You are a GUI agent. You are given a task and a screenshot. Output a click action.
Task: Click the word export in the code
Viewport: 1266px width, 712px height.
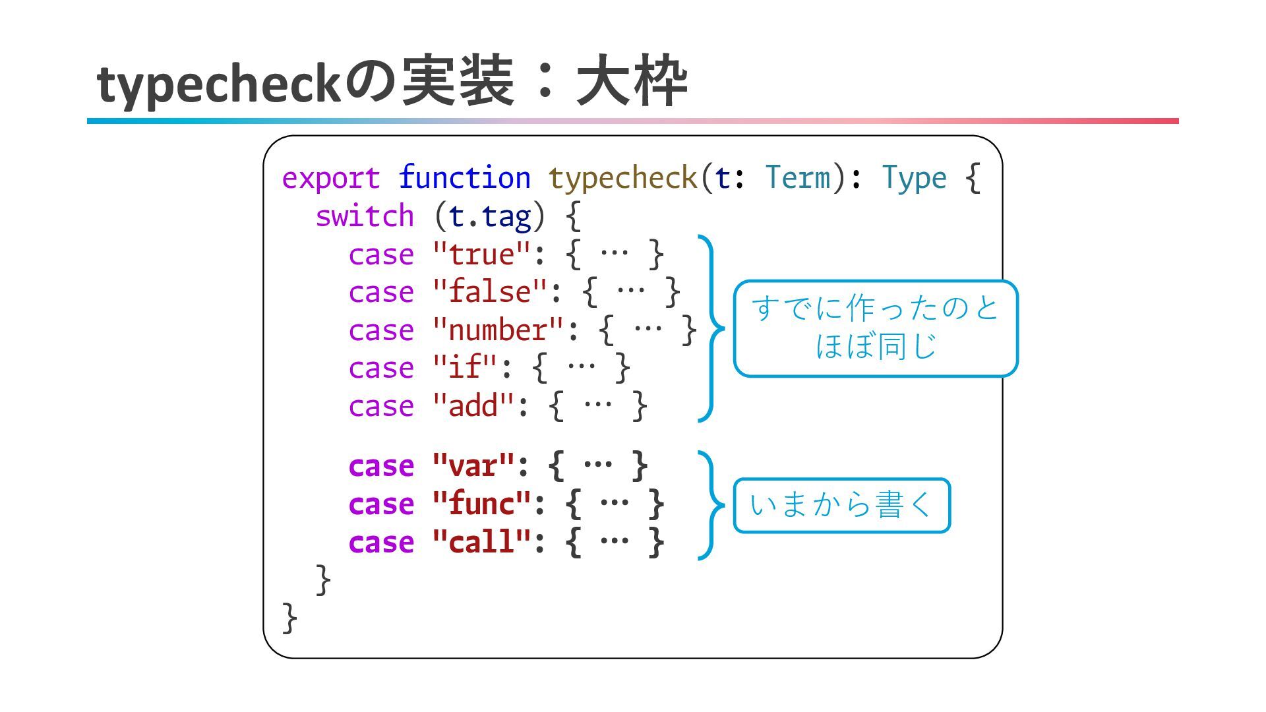[x=330, y=179]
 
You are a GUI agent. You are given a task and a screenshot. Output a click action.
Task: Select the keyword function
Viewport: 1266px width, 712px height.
[x=464, y=179]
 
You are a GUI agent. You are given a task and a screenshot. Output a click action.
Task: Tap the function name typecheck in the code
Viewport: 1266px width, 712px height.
[x=622, y=179]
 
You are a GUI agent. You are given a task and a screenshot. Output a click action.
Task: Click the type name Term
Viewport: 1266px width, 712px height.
[x=797, y=179]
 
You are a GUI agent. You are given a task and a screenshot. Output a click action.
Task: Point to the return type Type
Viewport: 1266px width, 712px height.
[x=914, y=179]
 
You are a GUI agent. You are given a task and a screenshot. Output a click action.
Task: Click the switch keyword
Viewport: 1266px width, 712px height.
[x=365, y=217]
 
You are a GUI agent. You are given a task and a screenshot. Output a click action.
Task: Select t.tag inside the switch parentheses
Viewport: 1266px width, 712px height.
[x=489, y=217]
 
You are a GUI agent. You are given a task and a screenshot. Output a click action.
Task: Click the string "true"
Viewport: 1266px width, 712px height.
[x=481, y=255]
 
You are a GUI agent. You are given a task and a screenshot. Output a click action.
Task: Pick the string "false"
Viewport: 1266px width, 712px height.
[x=490, y=293]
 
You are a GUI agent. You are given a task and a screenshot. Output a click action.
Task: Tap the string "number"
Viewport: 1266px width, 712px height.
[x=498, y=330]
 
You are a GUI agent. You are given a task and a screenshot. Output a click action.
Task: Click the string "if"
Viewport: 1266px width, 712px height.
[x=465, y=369]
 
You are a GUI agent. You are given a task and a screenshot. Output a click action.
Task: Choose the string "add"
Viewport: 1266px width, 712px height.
[x=473, y=406]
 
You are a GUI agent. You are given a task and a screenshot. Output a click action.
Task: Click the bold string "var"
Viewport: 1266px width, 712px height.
[x=473, y=467]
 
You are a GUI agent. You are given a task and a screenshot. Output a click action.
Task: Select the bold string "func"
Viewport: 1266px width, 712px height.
[x=481, y=504]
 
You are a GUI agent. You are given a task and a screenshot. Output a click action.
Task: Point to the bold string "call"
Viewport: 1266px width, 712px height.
[x=481, y=543]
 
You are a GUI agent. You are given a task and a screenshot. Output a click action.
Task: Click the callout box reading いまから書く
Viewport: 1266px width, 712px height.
[x=841, y=506]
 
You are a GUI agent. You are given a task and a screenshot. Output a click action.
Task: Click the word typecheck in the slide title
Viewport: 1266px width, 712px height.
[x=218, y=84]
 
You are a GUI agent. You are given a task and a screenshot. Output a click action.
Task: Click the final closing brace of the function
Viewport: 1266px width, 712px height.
[x=289, y=618]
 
